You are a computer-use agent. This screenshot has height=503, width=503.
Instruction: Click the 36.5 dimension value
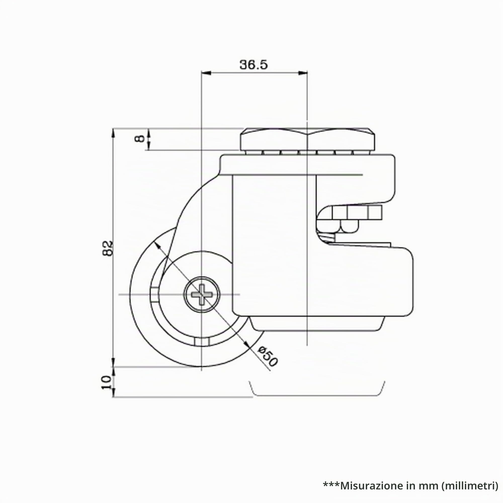(x=253, y=65)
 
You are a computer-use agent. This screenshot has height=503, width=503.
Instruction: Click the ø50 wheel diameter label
(x=267, y=357)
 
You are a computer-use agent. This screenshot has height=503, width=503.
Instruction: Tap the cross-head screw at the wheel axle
(x=202, y=295)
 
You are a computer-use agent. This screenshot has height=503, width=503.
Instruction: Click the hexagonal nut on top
(x=308, y=141)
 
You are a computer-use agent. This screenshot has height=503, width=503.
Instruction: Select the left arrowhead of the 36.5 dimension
(x=206, y=73)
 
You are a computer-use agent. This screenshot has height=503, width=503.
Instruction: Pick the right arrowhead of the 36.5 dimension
(x=303, y=73)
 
